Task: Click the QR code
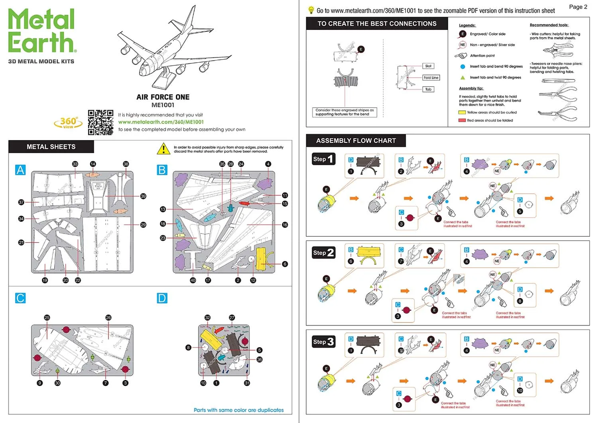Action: point(100,122)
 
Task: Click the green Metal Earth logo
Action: point(41,31)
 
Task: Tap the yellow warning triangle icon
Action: point(163,149)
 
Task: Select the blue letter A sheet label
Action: point(20,170)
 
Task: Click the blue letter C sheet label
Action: point(20,298)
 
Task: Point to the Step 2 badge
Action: point(323,253)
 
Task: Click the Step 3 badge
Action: point(323,342)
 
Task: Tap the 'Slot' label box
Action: point(428,66)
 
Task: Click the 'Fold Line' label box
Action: point(431,78)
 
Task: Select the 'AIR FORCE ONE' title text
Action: point(163,97)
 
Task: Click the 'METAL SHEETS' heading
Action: point(51,147)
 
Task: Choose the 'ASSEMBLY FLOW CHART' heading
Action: point(356,141)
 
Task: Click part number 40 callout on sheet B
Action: point(193,280)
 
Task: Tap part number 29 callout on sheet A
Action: point(143,225)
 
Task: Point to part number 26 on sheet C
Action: point(108,318)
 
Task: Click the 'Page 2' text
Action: point(578,7)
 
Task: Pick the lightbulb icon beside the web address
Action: point(311,10)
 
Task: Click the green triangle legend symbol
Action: point(462,77)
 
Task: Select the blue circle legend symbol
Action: point(462,67)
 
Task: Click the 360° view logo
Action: point(68,123)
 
